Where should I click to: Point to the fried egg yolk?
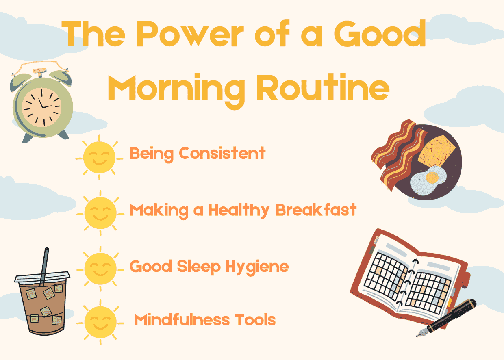tap(432, 177)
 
